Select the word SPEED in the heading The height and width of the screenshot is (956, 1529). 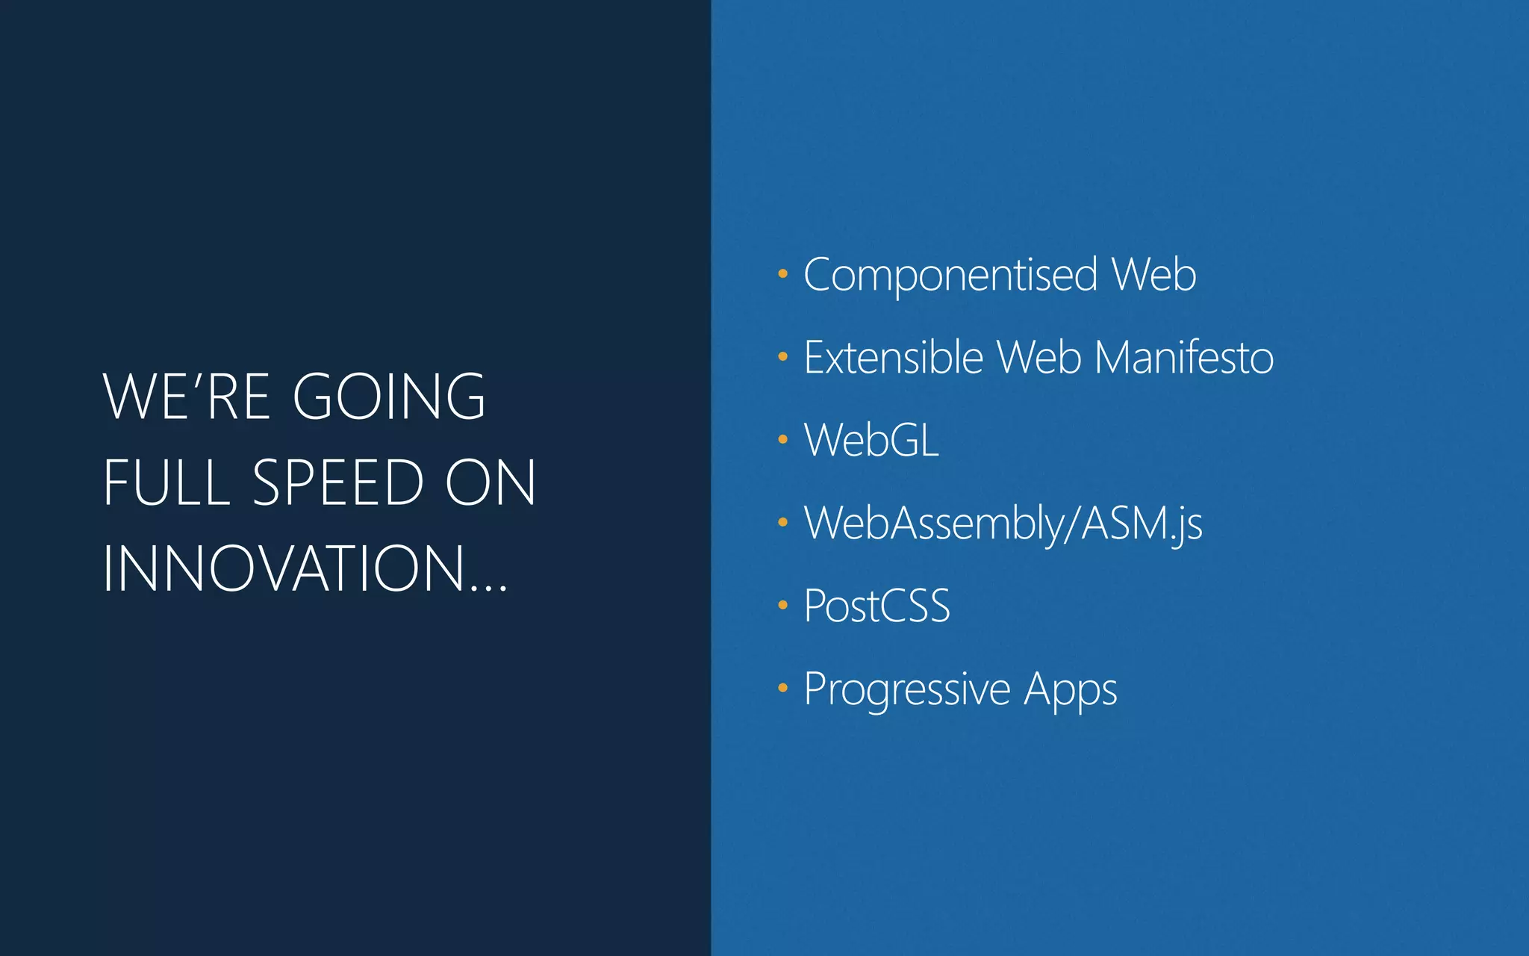(x=338, y=482)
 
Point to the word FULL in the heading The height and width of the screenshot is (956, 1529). (x=166, y=482)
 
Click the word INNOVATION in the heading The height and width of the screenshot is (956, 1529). (x=284, y=569)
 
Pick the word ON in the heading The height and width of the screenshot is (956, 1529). (x=490, y=482)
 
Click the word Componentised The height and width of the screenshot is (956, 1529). (x=950, y=275)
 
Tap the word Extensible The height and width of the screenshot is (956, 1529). (x=893, y=357)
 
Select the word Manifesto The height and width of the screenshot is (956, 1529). (x=1183, y=357)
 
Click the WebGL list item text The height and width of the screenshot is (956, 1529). (x=871, y=440)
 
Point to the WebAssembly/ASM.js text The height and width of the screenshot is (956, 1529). (x=1003, y=523)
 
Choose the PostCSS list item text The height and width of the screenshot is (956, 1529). (x=876, y=606)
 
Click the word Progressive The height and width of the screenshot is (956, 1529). (x=906, y=689)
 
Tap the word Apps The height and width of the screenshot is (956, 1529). (x=1070, y=689)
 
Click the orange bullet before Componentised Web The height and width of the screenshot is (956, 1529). (x=782, y=274)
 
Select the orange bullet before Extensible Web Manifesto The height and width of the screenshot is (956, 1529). (x=782, y=357)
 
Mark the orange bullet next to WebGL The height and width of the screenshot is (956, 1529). (x=782, y=440)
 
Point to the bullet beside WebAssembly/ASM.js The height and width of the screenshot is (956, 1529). (x=782, y=522)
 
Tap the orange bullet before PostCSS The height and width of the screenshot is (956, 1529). (x=782, y=605)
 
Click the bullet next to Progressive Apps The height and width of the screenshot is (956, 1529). (x=782, y=688)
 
